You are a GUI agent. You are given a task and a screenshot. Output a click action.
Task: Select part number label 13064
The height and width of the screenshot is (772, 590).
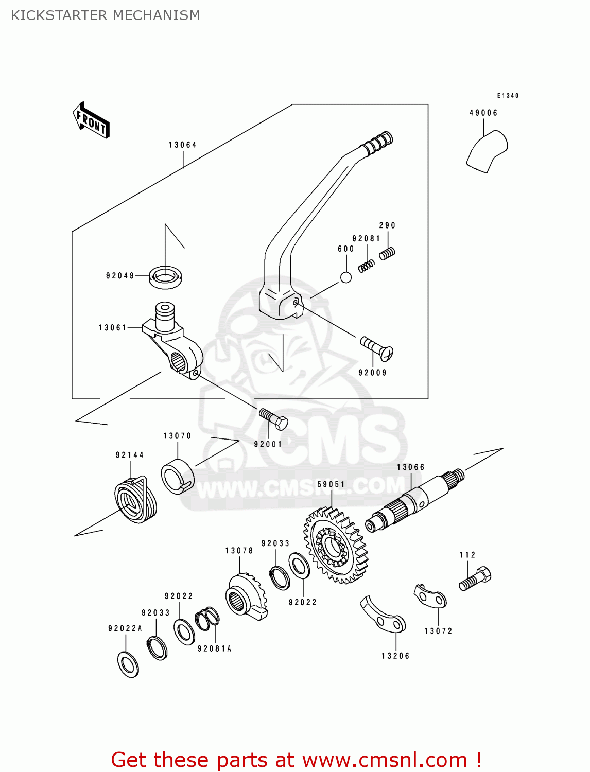coord(182,145)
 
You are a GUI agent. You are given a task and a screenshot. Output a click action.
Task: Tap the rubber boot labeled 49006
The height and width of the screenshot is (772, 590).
coord(487,150)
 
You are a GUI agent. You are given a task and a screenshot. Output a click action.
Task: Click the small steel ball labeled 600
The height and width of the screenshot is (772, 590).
coord(346,277)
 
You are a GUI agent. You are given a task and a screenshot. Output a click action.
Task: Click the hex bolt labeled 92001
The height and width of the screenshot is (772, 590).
coord(273,419)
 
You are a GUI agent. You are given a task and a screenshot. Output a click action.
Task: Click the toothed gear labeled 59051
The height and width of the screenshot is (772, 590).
coord(336,545)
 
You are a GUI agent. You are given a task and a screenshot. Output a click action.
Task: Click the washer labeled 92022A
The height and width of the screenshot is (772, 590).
coord(128,664)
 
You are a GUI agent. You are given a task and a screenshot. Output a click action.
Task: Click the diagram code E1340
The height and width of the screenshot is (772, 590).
coord(508,96)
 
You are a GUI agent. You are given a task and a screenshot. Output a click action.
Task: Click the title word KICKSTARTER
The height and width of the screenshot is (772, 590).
coord(59,15)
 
